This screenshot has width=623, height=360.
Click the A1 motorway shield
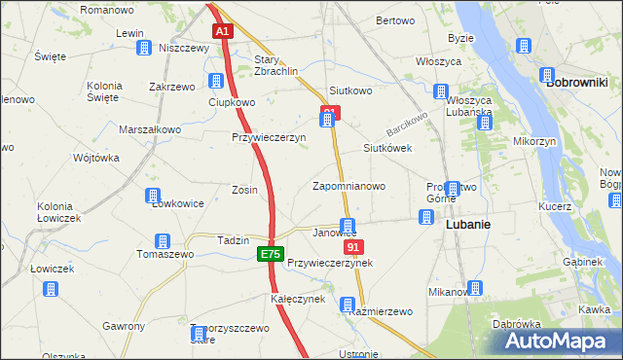(222, 31)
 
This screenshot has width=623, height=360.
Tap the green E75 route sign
(270, 254)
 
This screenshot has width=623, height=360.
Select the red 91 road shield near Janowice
(353, 248)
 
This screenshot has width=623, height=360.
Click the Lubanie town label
(467, 223)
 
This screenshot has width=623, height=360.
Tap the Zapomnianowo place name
(348, 186)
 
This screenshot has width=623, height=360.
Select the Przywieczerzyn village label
(269, 138)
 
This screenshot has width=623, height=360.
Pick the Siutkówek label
(387, 148)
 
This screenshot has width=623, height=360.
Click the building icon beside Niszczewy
(143, 48)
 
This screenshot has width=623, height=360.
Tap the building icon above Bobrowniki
(523, 47)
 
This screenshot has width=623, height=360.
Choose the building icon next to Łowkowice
(153, 196)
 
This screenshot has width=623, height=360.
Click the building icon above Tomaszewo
(163, 240)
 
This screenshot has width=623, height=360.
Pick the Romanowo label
(107, 9)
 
